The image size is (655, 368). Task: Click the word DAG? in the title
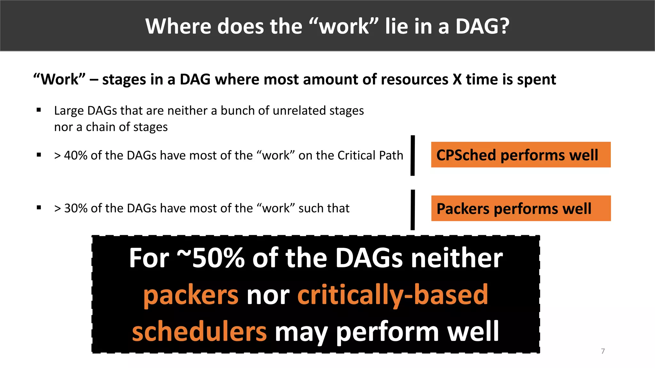pos(482,26)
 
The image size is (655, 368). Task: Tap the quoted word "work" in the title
pos(344,26)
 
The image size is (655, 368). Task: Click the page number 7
pos(603,351)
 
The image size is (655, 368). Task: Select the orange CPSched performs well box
pos(521,155)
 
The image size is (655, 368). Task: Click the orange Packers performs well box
pos(521,208)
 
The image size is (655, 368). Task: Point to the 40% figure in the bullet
pos(76,156)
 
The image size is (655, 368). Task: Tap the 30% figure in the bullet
pos(76,208)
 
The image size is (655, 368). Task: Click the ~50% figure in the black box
pos(211,258)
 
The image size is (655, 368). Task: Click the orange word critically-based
pos(393,295)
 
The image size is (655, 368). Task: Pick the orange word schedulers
pos(199,332)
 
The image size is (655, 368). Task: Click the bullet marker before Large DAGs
pos(39,110)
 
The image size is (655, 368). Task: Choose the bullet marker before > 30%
pos(39,208)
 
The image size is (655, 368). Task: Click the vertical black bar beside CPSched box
pos(413,156)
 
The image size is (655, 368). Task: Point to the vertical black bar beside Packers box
pos(413,210)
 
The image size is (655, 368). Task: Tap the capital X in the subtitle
pos(457,80)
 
